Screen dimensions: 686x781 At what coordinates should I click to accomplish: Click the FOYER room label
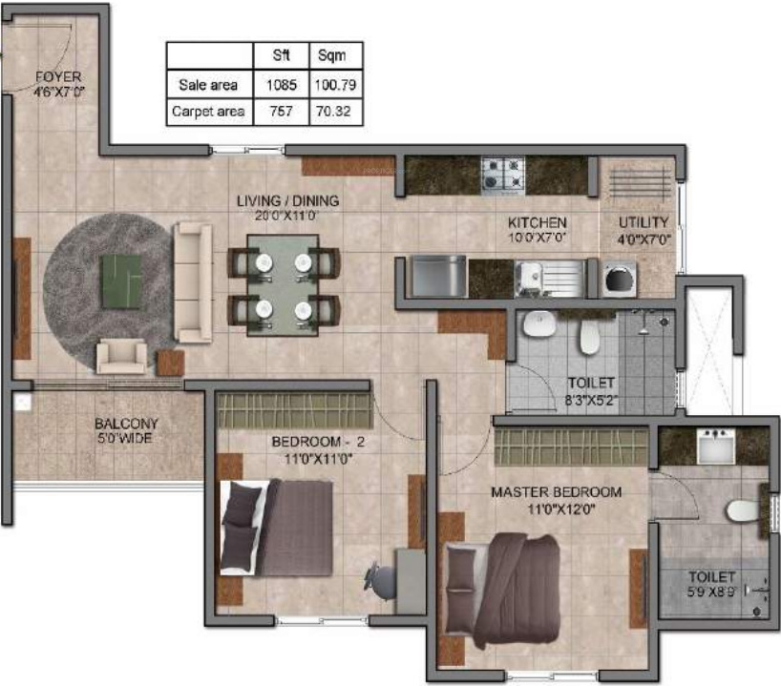(58, 76)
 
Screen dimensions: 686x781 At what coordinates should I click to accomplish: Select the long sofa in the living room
(194, 282)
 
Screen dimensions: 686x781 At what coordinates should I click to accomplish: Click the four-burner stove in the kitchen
(502, 175)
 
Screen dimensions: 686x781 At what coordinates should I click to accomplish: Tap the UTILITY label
(643, 222)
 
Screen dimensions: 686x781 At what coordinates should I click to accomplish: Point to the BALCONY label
(126, 425)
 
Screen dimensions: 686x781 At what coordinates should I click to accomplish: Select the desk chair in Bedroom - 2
(378, 578)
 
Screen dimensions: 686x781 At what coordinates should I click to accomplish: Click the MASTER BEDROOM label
(556, 492)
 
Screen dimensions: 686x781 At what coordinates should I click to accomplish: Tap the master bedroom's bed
(506, 588)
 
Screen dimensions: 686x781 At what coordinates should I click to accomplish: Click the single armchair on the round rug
(122, 357)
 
